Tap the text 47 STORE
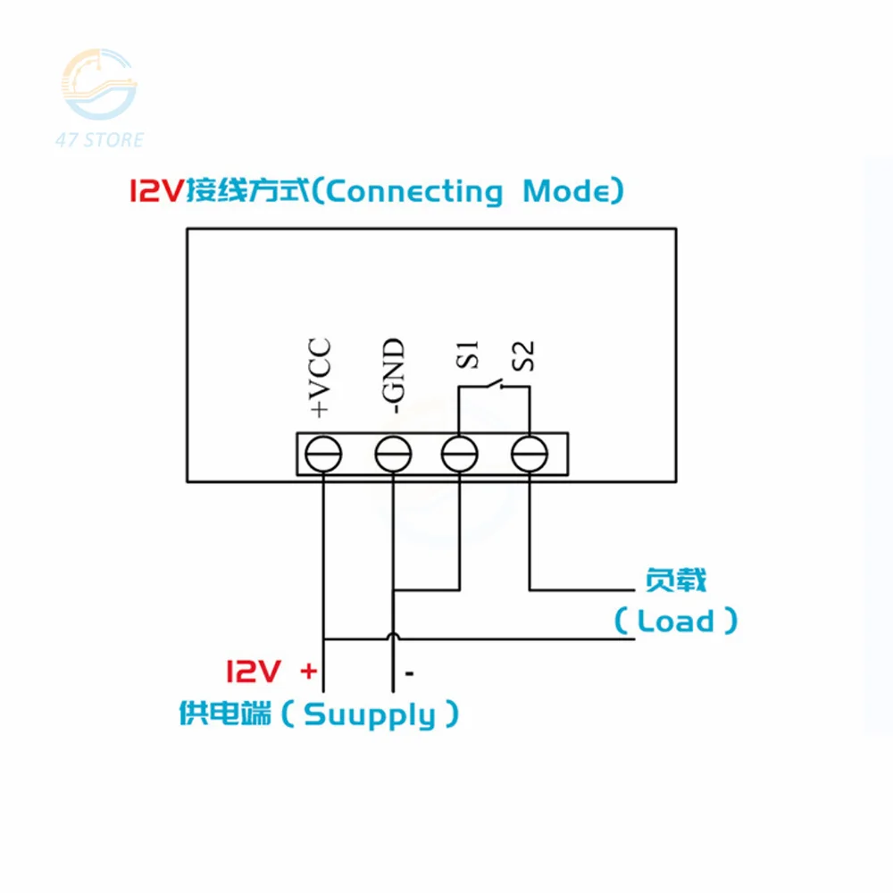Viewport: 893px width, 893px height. tap(99, 140)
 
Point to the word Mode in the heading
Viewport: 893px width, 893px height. tap(567, 191)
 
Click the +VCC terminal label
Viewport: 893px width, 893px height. tap(320, 378)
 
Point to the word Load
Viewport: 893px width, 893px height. tap(676, 621)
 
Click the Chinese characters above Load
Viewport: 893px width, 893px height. tap(676, 581)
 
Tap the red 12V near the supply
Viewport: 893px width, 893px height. tap(254, 671)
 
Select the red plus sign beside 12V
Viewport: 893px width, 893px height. tap(308, 670)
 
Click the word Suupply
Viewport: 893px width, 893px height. tap(370, 714)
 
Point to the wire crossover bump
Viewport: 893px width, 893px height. tap(392, 637)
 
